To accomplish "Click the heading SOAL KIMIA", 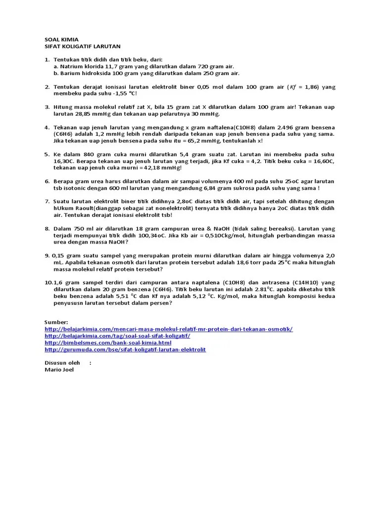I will [61, 40].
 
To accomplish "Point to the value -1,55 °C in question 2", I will [123, 93].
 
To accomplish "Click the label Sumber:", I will [56, 321].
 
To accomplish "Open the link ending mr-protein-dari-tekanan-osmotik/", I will [168, 329].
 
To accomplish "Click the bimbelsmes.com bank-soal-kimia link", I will [108, 342].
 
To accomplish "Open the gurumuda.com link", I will [125, 349].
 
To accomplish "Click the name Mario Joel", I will [59, 369].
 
